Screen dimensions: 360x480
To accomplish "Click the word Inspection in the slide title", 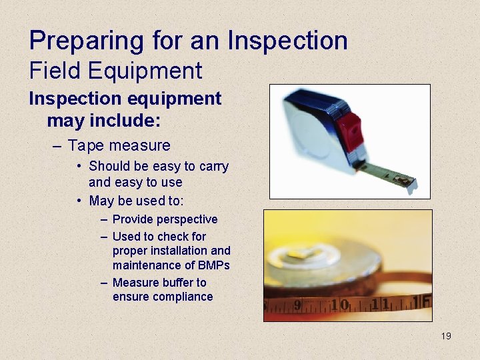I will point(287,41).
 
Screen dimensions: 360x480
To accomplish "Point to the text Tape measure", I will point(119,145).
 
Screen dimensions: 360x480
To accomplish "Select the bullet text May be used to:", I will point(136,201).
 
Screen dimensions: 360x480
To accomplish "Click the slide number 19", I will point(446,336).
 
